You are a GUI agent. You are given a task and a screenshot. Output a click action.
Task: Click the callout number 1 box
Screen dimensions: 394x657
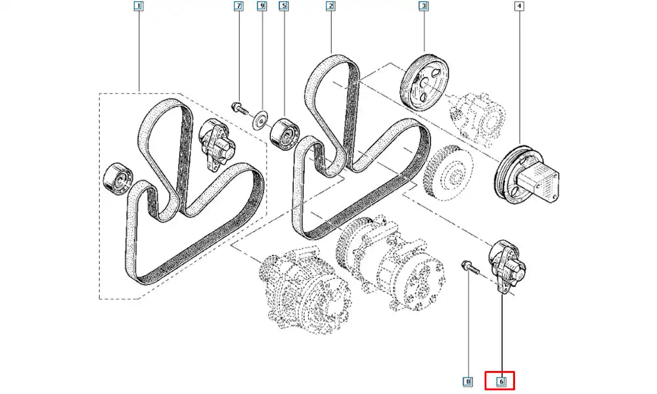[139, 7]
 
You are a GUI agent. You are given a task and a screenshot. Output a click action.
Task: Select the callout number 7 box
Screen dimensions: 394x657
[238, 7]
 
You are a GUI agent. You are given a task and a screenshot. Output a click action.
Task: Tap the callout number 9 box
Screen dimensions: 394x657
[261, 7]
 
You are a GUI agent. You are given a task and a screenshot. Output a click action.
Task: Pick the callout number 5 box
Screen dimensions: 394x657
[284, 7]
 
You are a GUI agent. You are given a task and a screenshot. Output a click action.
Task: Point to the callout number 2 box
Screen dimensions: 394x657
[330, 7]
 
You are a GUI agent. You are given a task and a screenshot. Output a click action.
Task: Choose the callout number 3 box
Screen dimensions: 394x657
[424, 7]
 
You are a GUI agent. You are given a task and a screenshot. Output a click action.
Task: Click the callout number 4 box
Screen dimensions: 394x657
[519, 7]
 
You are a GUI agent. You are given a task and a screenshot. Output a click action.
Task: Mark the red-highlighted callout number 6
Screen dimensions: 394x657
[500, 380]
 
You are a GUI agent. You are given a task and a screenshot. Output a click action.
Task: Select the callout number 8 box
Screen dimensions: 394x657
[468, 380]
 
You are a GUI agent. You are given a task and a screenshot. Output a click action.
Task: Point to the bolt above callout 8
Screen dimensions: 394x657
[468, 267]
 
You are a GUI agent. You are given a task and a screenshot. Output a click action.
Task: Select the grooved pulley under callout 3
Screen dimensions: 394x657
[423, 81]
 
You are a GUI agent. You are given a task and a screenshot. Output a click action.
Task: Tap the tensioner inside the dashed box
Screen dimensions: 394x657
[216, 144]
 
